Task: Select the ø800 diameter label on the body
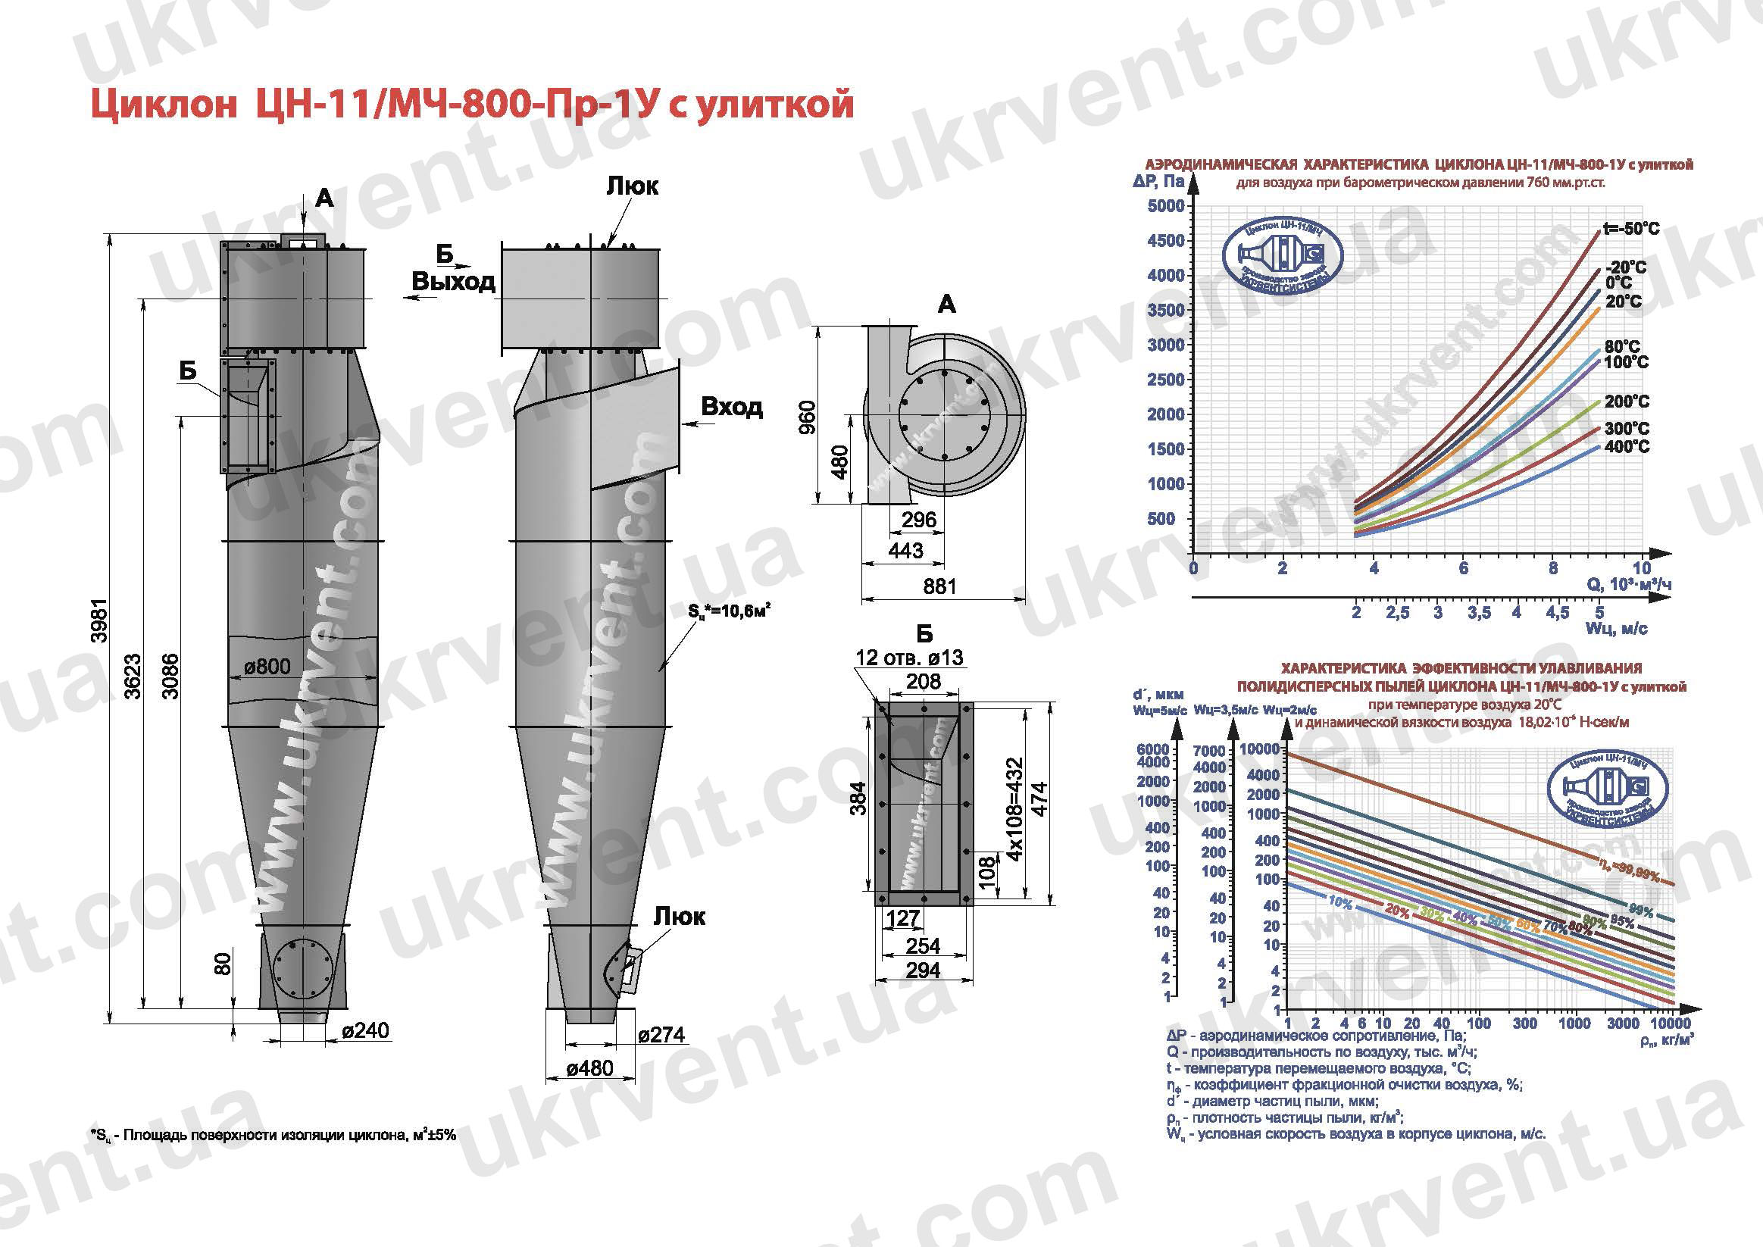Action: point(267,667)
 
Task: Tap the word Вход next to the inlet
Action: point(732,406)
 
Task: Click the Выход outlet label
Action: point(453,282)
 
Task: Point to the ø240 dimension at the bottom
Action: point(365,1030)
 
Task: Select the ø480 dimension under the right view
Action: point(589,1068)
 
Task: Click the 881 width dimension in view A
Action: point(939,586)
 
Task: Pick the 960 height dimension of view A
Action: point(807,417)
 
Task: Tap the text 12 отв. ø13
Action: point(909,658)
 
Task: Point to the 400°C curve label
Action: point(1627,446)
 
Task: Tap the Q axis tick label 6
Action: point(1464,568)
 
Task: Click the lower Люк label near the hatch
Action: point(679,917)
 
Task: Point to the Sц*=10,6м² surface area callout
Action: point(730,612)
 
